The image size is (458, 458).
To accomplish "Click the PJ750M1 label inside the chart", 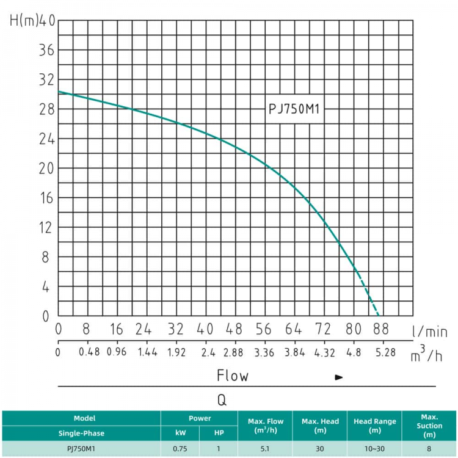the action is click(294, 109).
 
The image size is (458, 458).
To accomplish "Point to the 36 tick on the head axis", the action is click(47, 50).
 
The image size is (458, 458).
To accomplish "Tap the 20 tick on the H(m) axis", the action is click(47, 169).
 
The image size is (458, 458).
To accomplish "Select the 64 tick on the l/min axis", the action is click(293, 329).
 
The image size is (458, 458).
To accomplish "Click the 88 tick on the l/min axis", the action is click(381, 329).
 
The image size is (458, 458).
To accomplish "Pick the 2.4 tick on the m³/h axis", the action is click(208, 352).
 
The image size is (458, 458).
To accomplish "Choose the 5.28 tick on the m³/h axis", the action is click(385, 352).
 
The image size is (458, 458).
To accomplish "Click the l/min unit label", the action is click(429, 332).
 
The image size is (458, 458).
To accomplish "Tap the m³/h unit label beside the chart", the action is click(426, 354).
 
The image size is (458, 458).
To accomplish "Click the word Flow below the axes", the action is click(233, 376).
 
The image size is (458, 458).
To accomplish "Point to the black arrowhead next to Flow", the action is click(339, 377).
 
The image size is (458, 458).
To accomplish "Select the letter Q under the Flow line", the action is click(222, 400).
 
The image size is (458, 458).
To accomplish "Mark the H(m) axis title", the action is click(24, 21).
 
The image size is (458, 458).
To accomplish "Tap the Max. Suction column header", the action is click(429, 426).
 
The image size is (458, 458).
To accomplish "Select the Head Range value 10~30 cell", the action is click(374, 449).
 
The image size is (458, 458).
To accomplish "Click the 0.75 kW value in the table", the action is click(180, 449).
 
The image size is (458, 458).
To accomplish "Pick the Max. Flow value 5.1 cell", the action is click(265, 449).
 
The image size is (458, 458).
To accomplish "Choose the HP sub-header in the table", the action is click(219, 433).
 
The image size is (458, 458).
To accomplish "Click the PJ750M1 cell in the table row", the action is click(81, 449).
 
